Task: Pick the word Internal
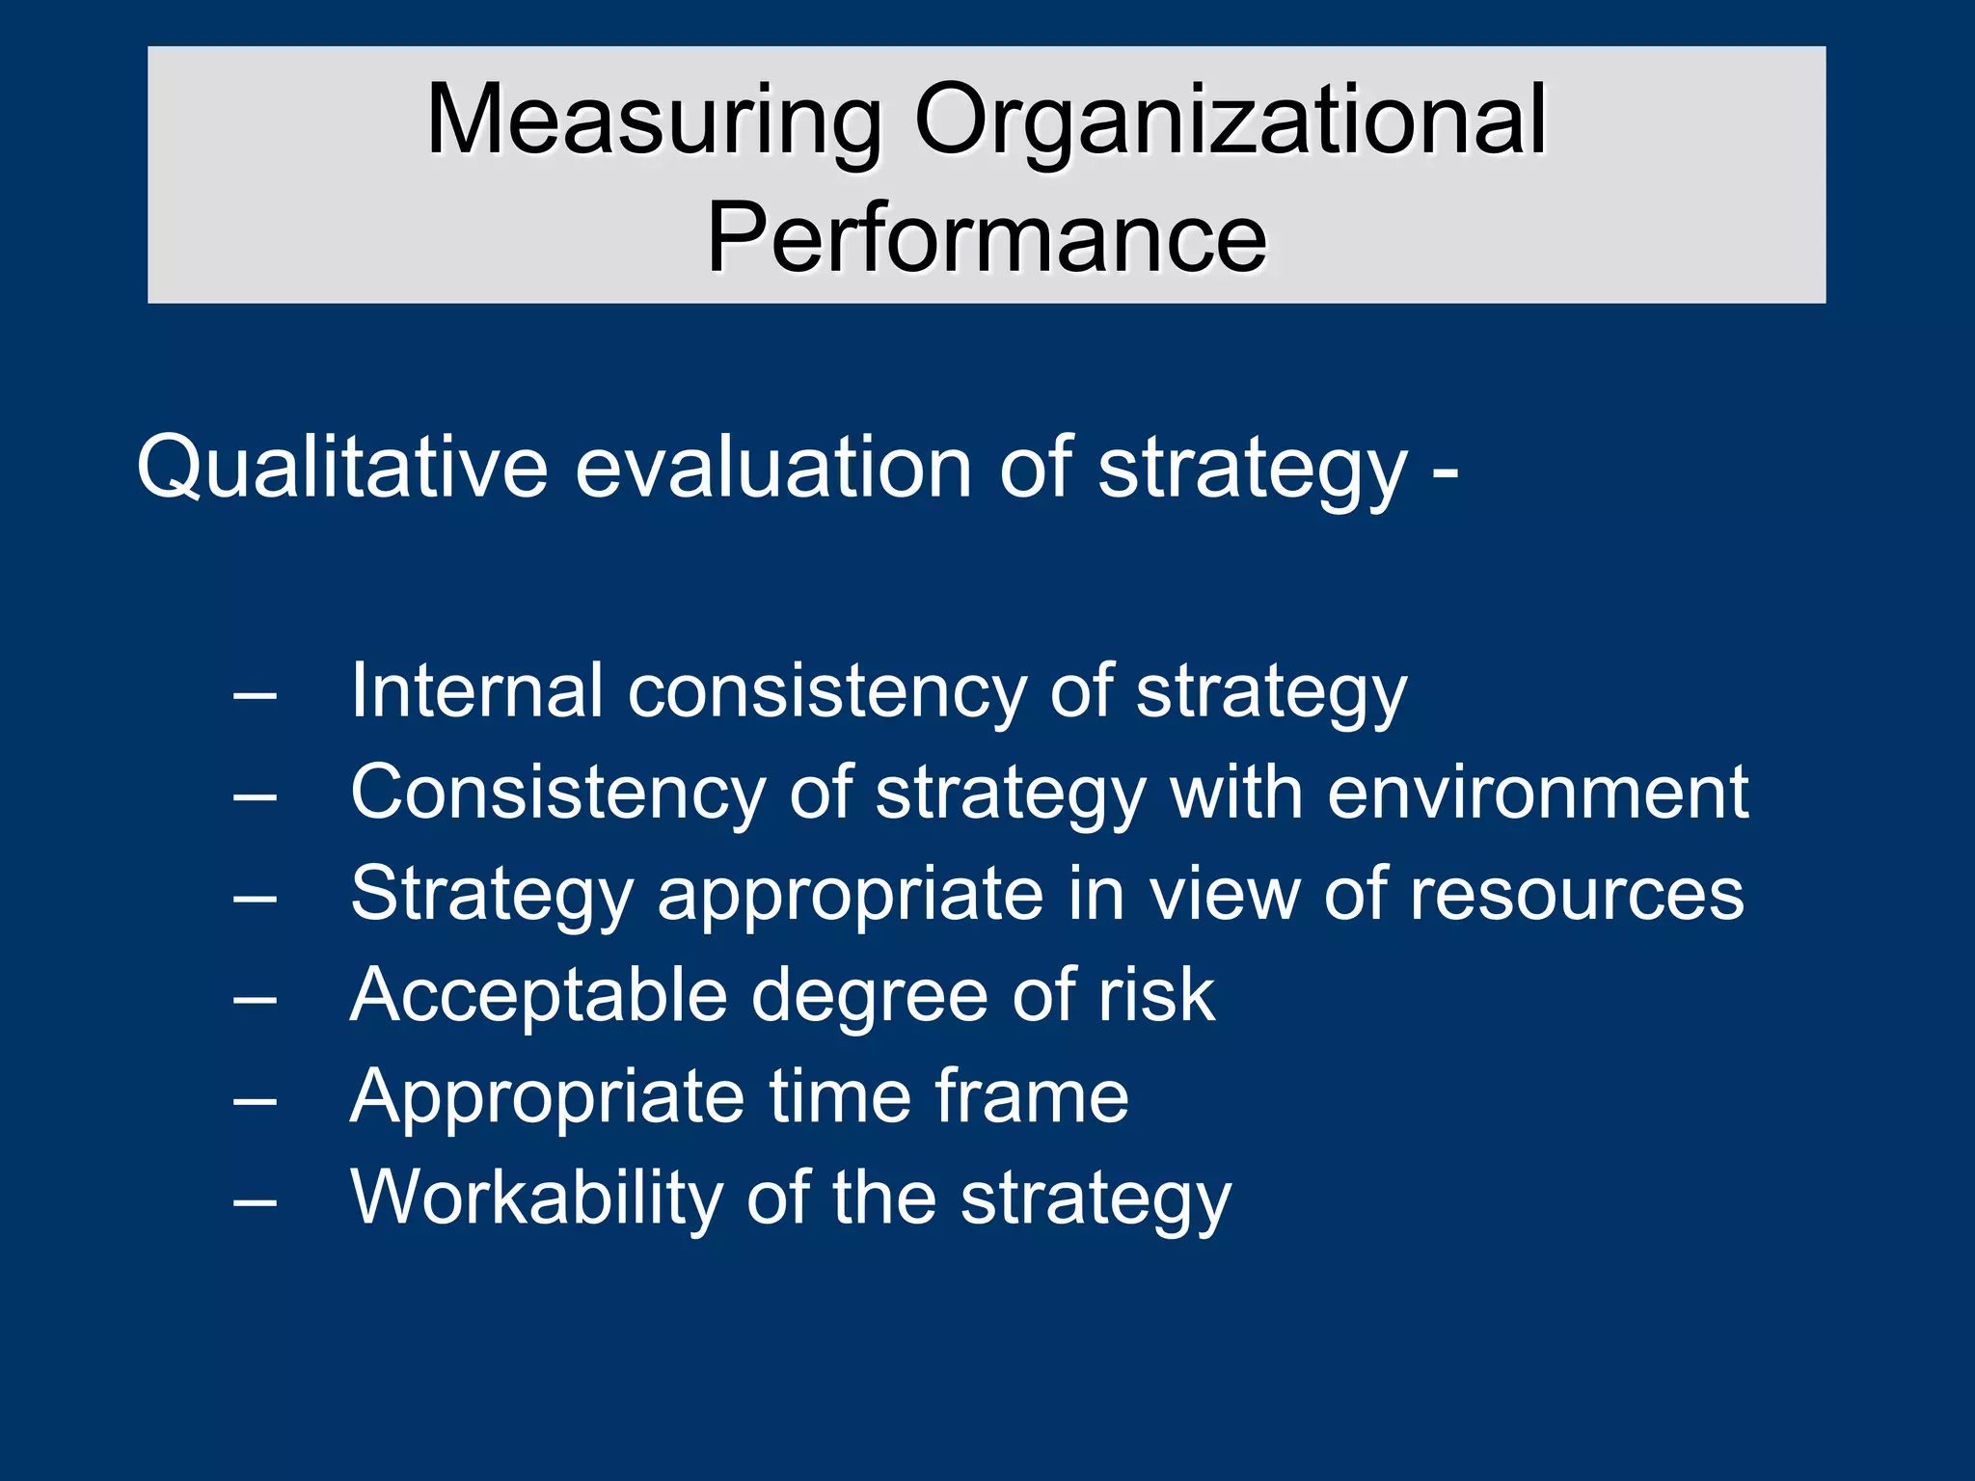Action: [476, 690]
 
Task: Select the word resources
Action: [1577, 895]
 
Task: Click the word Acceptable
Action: [539, 995]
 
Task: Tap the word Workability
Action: [536, 1198]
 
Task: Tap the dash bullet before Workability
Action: [255, 1202]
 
